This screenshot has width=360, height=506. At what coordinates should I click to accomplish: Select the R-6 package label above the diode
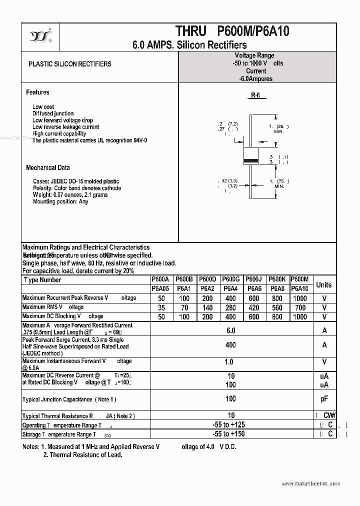click(x=255, y=95)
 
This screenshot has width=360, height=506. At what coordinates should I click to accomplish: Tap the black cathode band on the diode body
click(x=250, y=160)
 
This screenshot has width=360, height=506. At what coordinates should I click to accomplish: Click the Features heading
click(x=37, y=92)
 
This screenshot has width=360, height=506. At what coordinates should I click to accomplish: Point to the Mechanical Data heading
click(x=48, y=168)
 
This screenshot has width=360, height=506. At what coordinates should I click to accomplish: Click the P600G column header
click(x=230, y=279)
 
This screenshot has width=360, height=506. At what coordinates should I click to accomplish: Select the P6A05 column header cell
click(x=160, y=288)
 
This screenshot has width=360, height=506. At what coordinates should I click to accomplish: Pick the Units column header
click(x=323, y=284)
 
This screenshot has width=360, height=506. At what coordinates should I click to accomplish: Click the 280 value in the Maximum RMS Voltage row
click(x=230, y=307)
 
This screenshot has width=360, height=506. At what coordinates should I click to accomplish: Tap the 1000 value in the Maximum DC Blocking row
click(x=299, y=317)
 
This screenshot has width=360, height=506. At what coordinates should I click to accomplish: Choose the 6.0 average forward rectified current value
click(x=230, y=330)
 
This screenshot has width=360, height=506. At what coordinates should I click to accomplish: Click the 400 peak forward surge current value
click(x=230, y=345)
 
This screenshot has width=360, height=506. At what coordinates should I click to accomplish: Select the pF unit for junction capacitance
click(x=324, y=399)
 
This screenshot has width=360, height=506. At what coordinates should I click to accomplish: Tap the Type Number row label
click(x=42, y=280)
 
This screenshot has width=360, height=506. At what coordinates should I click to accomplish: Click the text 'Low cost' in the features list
click(x=43, y=107)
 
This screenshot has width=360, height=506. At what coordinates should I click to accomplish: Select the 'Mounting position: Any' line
click(x=60, y=201)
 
